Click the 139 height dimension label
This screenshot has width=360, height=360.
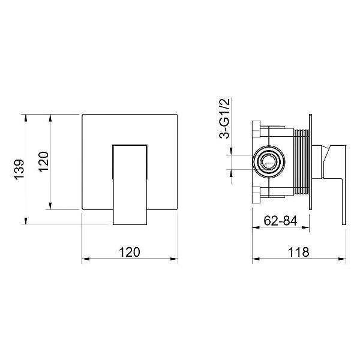tap(19, 169)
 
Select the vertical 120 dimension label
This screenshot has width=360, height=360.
tap(44, 162)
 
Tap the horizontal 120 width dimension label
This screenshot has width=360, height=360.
tap(129, 252)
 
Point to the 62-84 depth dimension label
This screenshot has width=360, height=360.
tap(280, 221)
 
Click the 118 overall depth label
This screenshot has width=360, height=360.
tap(299, 252)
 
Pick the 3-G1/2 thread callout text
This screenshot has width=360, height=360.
tap(224, 118)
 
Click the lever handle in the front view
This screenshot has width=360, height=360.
tap(130, 185)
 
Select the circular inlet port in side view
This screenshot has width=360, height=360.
tap(269, 161)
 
